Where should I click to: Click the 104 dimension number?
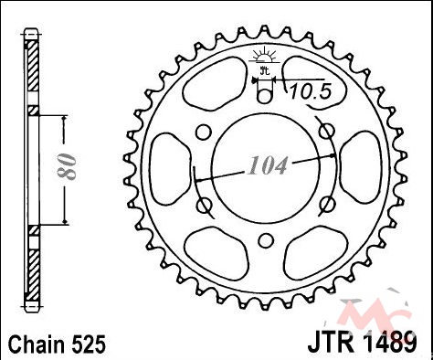tap(268, 165)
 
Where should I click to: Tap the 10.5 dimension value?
tap(310, 91)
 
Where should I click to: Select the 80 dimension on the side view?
tap(66, 166)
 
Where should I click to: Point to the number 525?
tap(89, 344)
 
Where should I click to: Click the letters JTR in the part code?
tap(330, 342)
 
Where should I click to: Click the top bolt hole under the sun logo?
tap(264, 96)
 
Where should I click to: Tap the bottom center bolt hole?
tap(266, 240)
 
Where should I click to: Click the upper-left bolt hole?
tap(203, 132)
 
